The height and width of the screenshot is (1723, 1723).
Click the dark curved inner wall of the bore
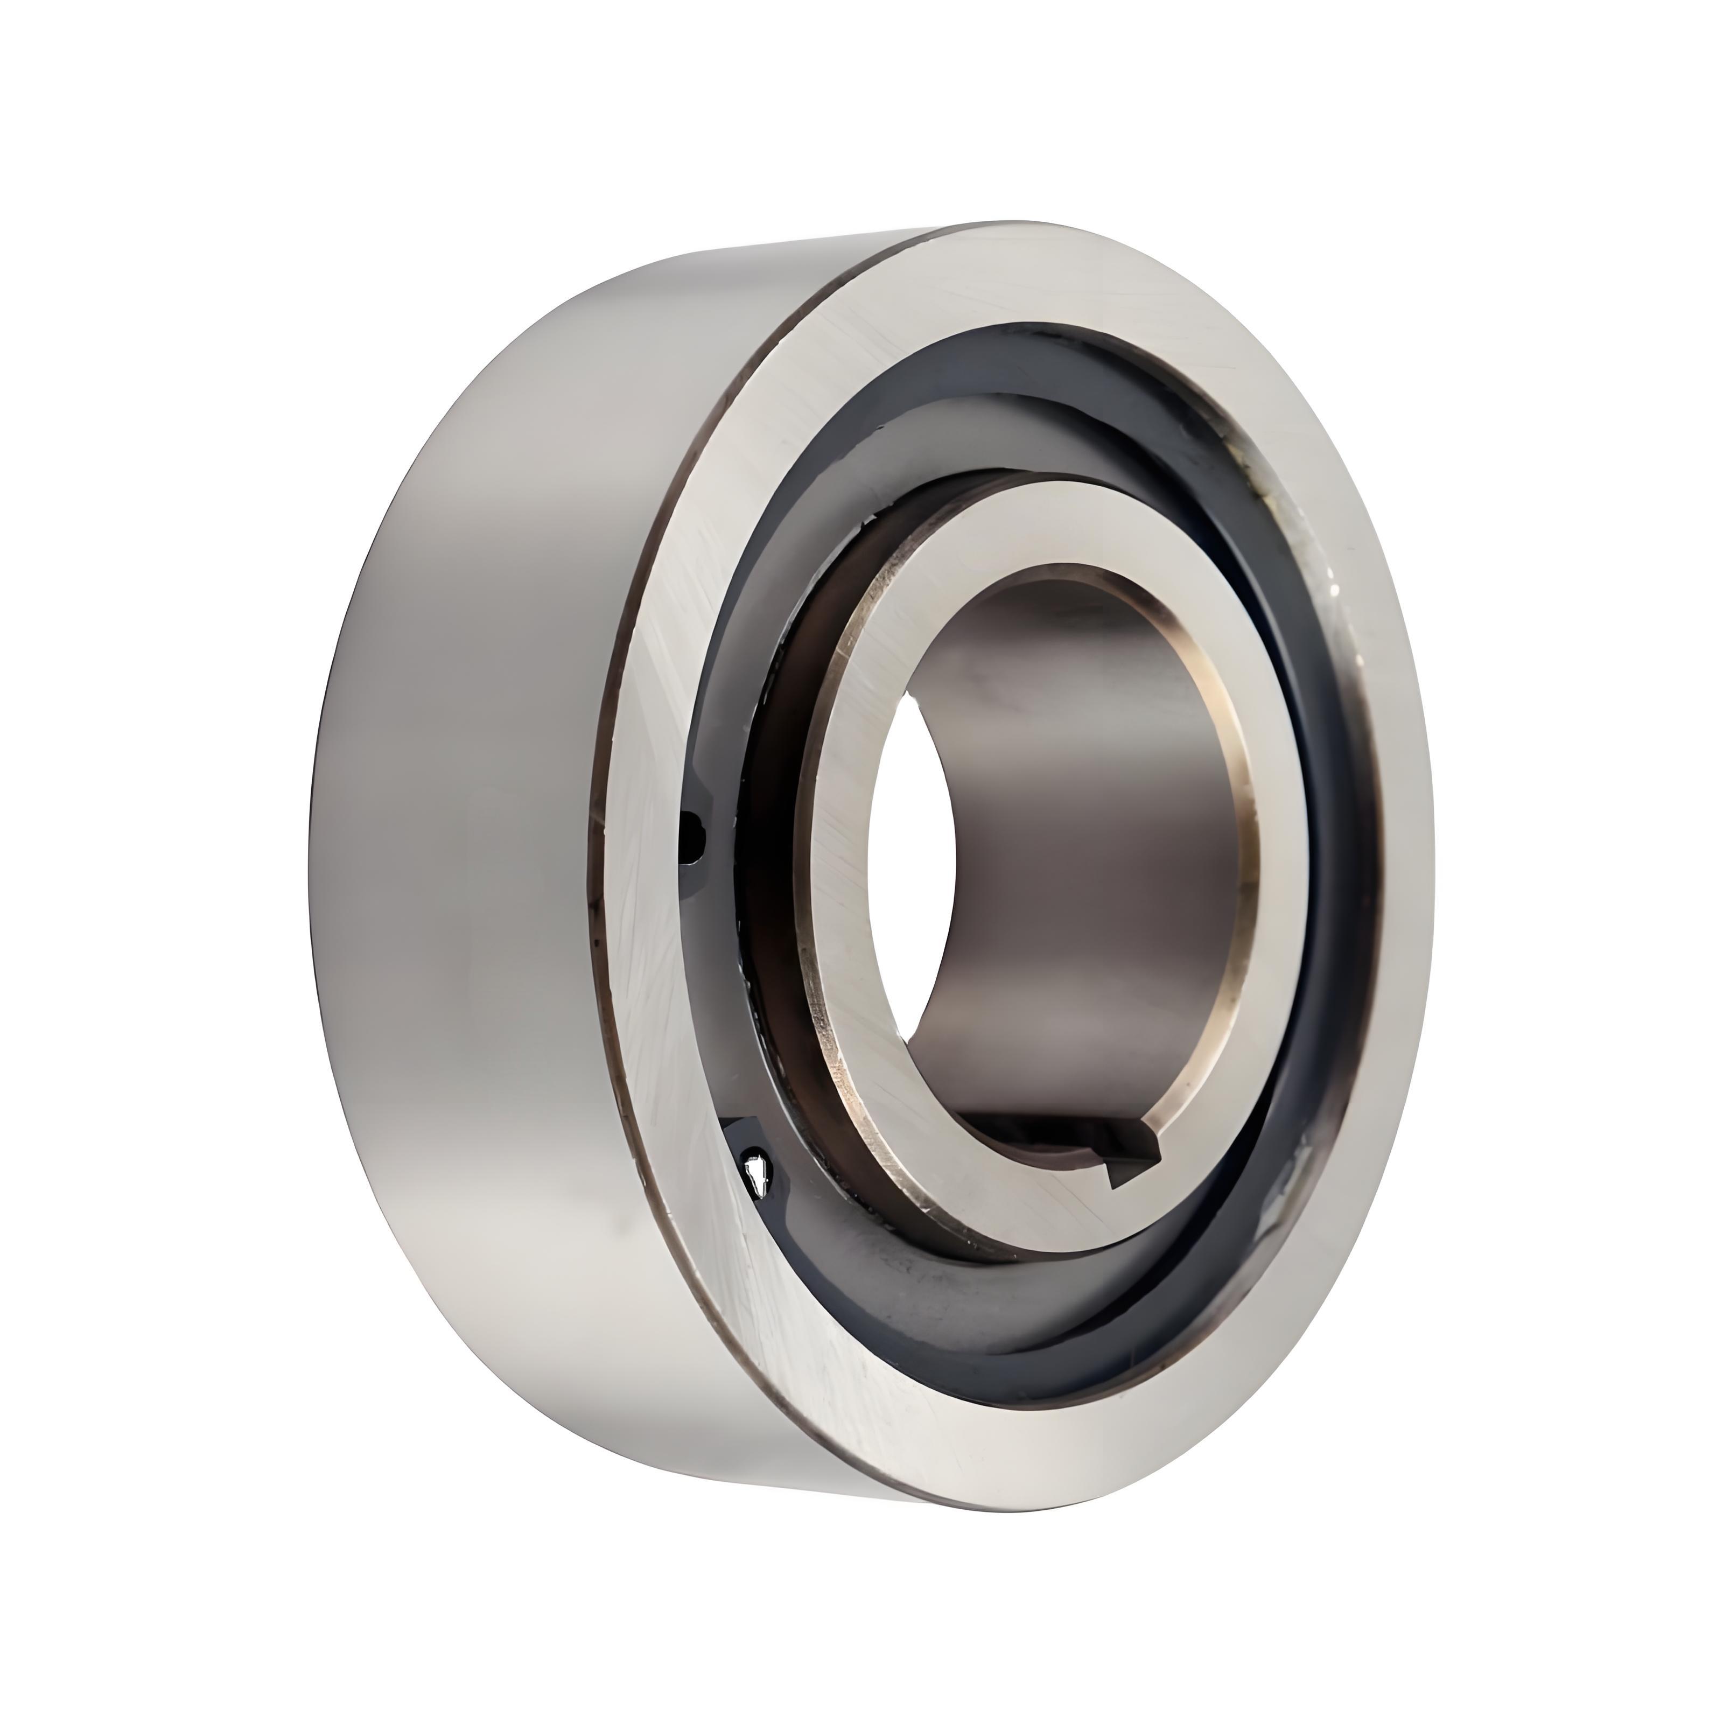point(1070,803)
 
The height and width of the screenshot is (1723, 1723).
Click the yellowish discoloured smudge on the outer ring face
point(1284,508)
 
